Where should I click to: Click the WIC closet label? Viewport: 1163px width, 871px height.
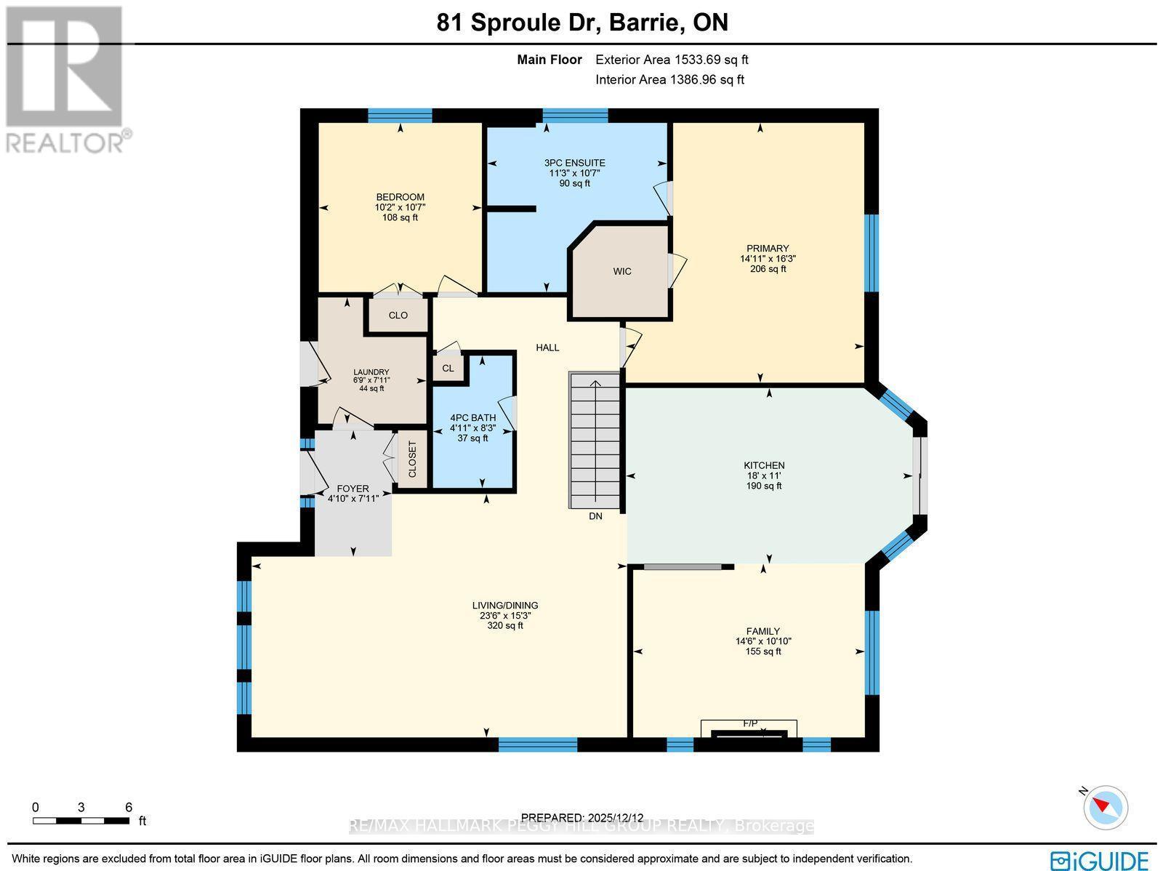tap(621, 271)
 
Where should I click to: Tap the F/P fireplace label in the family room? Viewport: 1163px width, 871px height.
tap(750, 723)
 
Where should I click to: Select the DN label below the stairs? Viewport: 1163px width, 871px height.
tap(595, 516)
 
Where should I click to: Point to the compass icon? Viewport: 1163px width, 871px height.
tap(1106, 807)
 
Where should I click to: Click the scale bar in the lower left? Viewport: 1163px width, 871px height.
tap(81, 821)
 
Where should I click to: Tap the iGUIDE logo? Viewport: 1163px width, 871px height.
tap(1100, 859)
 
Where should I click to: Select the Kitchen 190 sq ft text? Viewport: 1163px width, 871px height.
tap(763, 486)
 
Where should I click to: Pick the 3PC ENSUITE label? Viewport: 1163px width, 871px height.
tap(574, 163)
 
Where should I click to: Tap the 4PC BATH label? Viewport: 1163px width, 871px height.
tap(472, 417)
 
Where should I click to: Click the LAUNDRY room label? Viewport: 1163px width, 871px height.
tap(371, 372)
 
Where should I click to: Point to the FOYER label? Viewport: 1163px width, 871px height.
tap(353, 489)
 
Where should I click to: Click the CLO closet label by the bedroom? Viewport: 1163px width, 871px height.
tap(398, 315)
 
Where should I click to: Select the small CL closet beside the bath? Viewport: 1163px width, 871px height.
tap(448, 368)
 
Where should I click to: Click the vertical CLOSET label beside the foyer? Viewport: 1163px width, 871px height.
tap(412, 459)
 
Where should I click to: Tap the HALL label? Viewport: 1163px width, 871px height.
tap(547, 348)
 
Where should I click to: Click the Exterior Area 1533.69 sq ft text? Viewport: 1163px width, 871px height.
tap(672, 60)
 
